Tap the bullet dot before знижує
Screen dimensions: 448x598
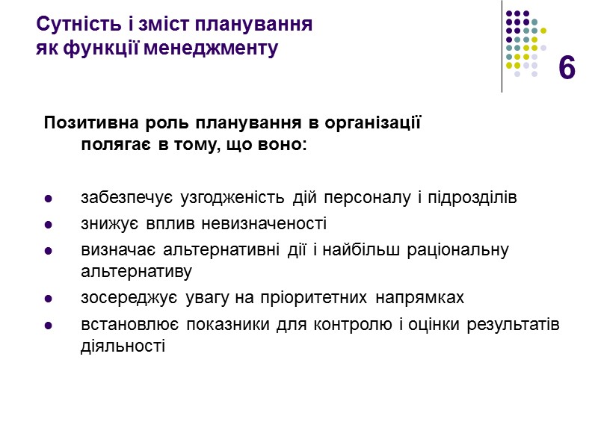point(49,224)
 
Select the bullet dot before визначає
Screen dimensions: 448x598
point(49,250)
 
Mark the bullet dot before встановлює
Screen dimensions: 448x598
point(49,326)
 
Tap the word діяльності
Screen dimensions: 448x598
point(122,346)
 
